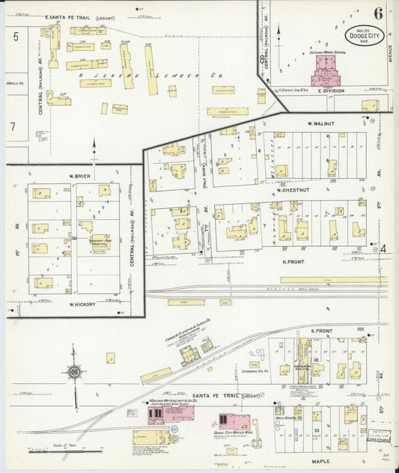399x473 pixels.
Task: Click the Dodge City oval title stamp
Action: click(x=362, y=35)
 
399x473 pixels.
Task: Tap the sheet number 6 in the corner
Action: click(x=378, y=13)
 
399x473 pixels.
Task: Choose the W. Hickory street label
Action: click(x=80, y=304)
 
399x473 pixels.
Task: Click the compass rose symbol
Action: click(x=75, y=372)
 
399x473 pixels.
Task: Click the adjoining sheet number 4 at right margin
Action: click(x=383, y=248)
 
